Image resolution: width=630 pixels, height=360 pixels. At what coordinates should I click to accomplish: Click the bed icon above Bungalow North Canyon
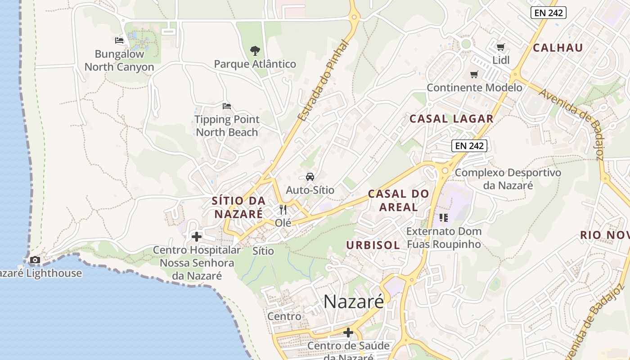point(119,40)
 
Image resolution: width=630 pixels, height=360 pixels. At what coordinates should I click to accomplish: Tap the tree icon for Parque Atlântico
point(255,50)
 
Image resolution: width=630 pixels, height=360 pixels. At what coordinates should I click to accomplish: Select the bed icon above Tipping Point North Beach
point(227,106)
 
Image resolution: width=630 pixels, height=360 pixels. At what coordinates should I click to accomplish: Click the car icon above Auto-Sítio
point(310,176)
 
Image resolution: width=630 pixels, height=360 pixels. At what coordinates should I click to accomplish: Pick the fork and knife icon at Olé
point(283,209)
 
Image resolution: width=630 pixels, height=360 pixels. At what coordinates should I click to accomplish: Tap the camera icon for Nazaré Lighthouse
point(35,260)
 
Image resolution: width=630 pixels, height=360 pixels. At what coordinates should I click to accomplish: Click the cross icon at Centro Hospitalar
point(197,236)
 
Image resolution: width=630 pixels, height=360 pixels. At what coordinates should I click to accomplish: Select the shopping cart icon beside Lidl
point(500,47)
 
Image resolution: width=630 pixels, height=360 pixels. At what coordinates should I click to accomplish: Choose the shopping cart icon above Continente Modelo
point(474,74)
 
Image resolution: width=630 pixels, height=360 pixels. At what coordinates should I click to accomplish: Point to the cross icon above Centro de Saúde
point(348,333)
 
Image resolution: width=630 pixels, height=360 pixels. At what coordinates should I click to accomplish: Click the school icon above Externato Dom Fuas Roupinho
point(444,218)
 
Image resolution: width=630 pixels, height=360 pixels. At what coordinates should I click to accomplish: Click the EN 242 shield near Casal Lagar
point(469,145)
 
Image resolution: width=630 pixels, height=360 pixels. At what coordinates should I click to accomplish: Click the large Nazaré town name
point(354,301)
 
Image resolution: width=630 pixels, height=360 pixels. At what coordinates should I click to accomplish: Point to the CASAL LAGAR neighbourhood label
point(451,119)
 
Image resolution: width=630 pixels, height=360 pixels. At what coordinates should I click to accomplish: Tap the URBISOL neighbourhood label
point(373,245)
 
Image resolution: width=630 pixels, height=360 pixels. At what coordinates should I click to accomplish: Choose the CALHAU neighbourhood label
point(558,48)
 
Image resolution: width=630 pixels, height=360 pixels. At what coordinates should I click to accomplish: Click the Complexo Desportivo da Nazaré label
point(508,179)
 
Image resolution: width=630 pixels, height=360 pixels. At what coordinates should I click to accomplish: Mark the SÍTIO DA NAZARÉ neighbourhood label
point(238,207)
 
